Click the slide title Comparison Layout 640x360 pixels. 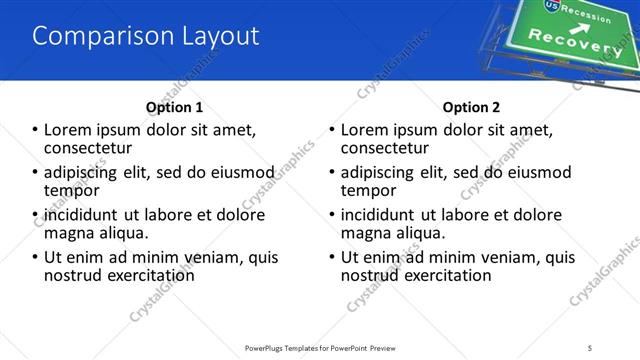146,36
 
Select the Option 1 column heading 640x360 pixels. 174,107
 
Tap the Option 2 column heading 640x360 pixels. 471,107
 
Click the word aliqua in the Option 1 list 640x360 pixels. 118,232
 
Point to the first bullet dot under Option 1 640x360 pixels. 36,129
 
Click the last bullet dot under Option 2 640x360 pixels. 333,257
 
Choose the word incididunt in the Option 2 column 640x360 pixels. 379,214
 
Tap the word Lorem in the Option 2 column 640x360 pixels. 365,129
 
